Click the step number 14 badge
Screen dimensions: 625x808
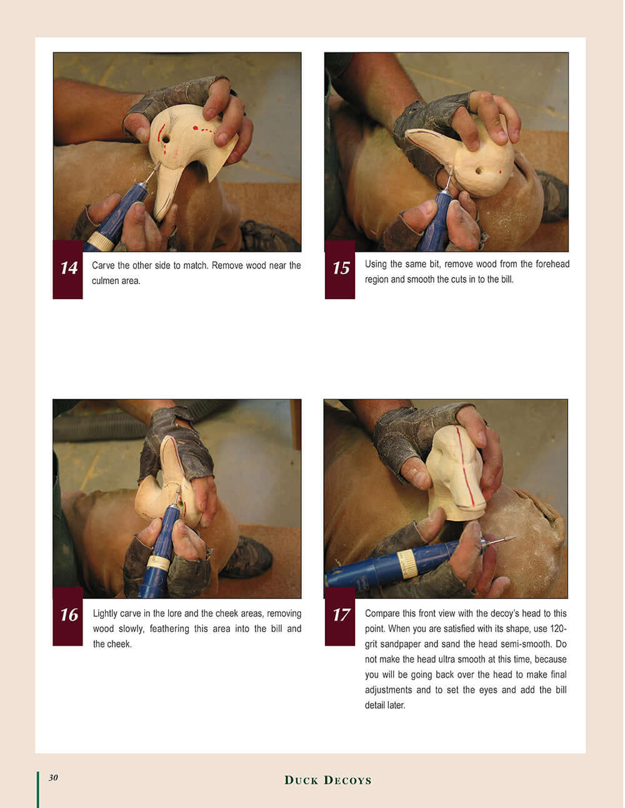pos(67,269)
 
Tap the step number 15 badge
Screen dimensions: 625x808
pos(339,269)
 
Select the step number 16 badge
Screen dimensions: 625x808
pos(67,616)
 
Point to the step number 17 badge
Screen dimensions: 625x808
pos(339,616)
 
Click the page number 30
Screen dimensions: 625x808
pos(53,777)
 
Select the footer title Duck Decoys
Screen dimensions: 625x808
pos(327,780)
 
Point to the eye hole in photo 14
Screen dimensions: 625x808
pos(166,140)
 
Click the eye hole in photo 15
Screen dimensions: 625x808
pos(478,171)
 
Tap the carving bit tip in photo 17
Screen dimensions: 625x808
pos(514,537)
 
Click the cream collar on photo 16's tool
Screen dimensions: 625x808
pos(159,563)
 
